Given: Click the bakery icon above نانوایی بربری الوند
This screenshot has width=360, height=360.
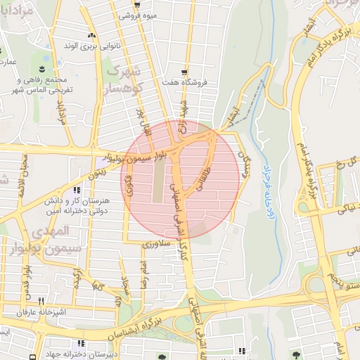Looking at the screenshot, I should (x=90, y=35).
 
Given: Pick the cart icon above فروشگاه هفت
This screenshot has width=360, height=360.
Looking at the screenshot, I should (x=184, y=72).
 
